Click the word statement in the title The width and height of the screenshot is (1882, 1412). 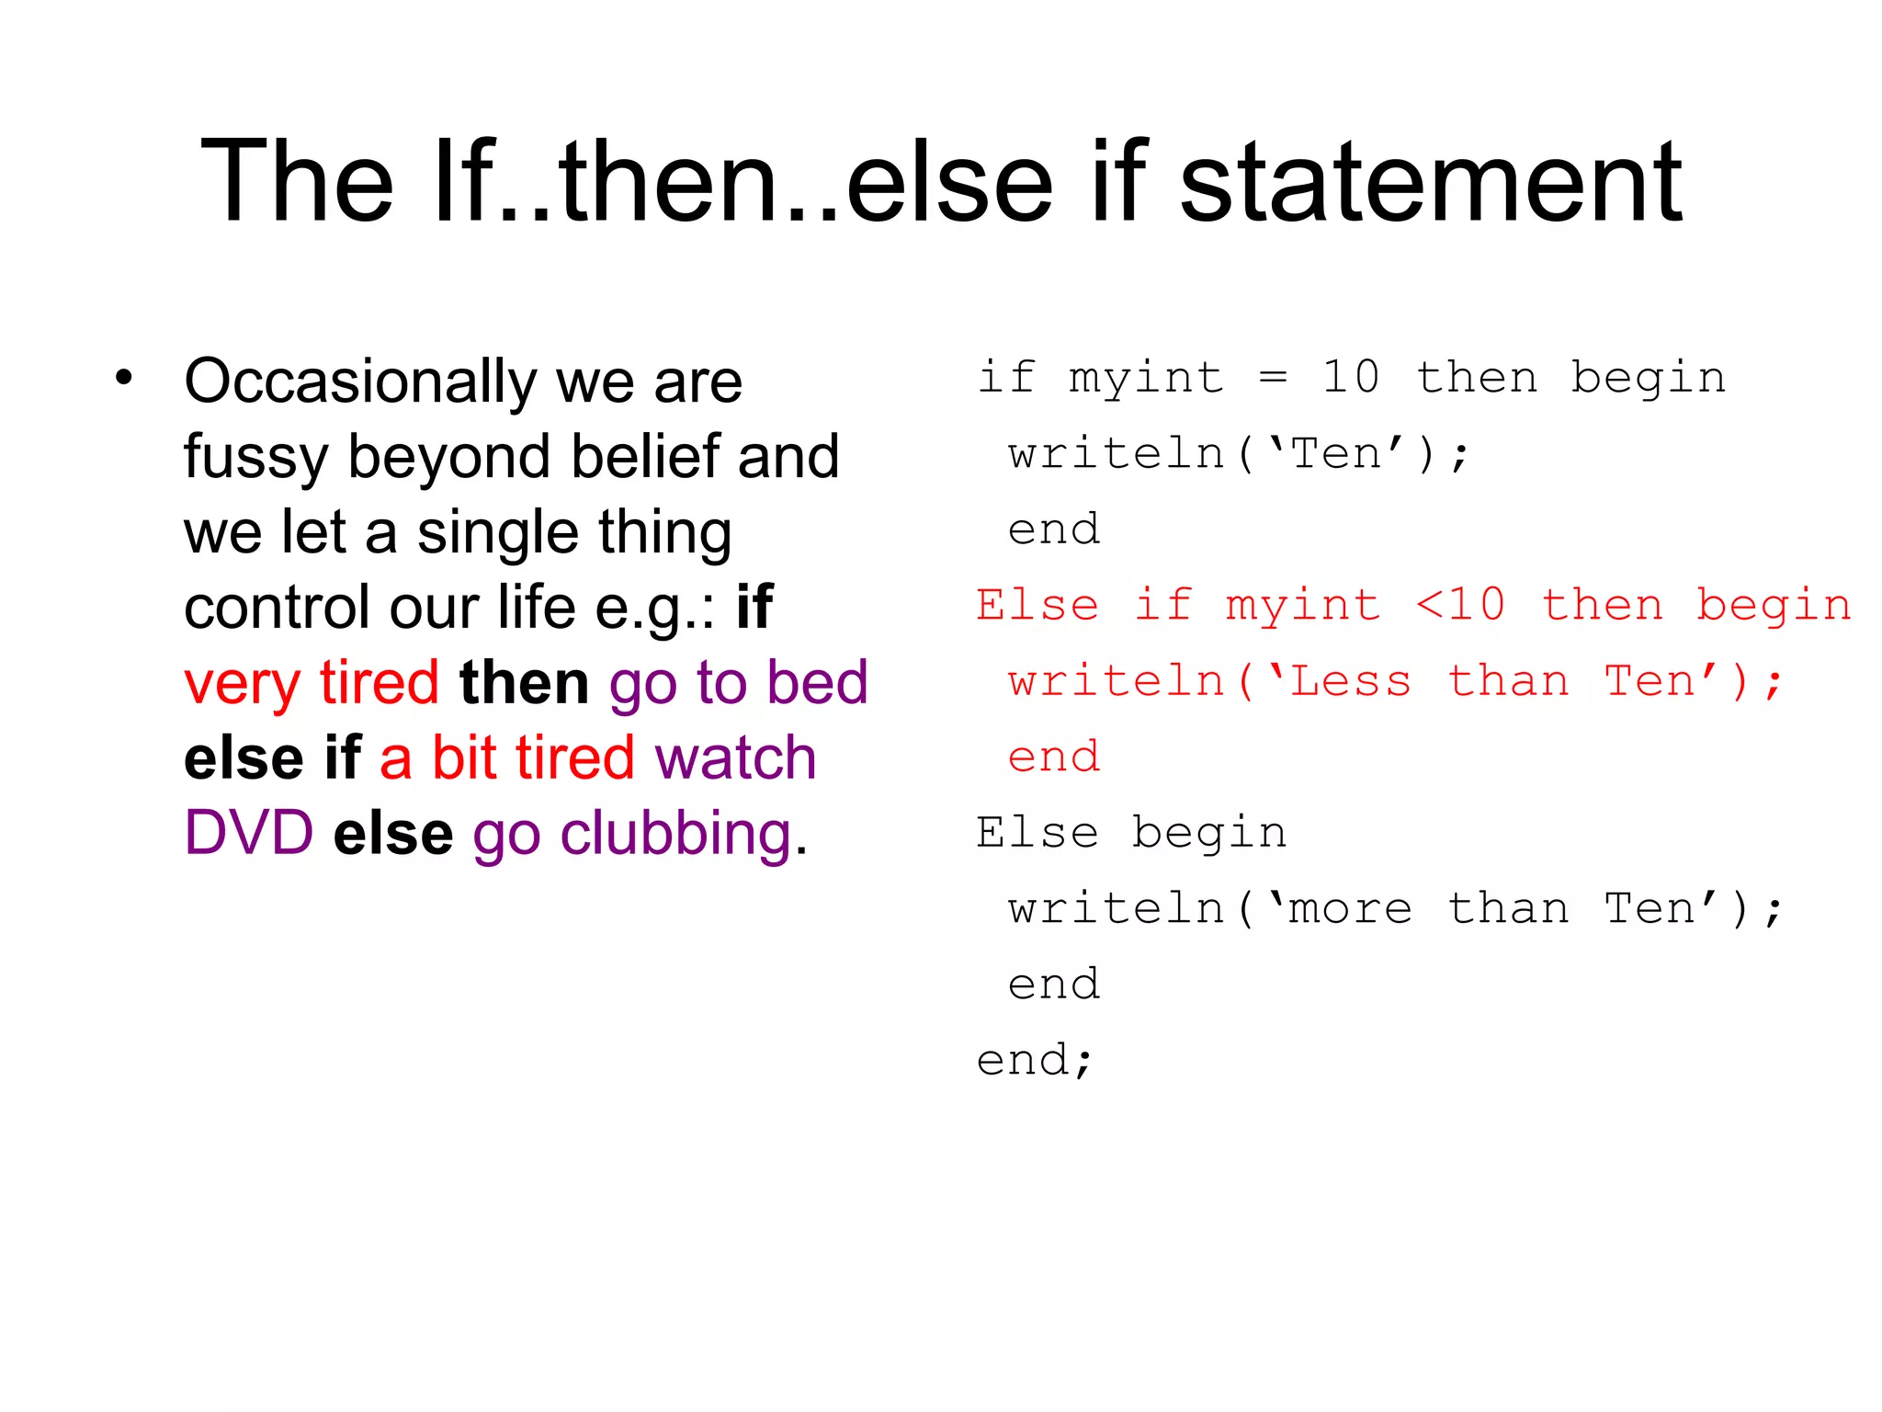(1430, 182)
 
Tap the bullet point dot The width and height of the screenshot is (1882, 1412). (124, 377)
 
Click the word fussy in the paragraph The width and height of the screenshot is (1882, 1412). (255, 458)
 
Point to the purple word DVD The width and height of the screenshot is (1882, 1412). (249, 833)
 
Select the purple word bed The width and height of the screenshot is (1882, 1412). (818, 682)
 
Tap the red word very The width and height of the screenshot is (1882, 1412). (242, 684)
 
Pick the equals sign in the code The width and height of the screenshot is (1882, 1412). (1273, 377)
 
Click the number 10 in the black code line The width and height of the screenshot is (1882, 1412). (1351, 377)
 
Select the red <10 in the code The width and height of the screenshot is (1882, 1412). (1460, 605)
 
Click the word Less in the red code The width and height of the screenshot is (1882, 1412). (1351, 681)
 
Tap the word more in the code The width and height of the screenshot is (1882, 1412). (1351, 909)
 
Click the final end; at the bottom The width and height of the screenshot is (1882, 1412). (1035, 1061)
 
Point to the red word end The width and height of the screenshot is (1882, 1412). (1054, 757)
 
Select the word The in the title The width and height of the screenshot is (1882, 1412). (297, 182)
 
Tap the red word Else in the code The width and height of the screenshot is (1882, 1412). (1037, 605)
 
